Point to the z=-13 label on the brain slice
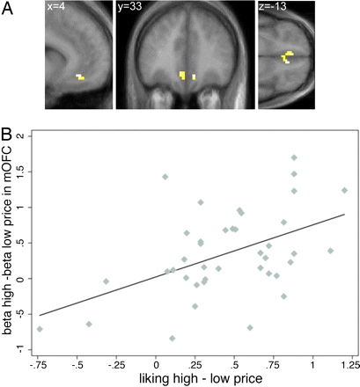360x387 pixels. coord(275,10)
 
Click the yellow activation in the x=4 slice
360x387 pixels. coord(80,77)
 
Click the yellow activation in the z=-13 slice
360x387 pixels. coord(287,58)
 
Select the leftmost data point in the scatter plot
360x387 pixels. coord(40,329)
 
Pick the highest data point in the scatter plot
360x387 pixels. coord(294,157)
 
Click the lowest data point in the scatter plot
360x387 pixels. coord(173,338)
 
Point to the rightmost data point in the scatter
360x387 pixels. coord(344,190)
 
